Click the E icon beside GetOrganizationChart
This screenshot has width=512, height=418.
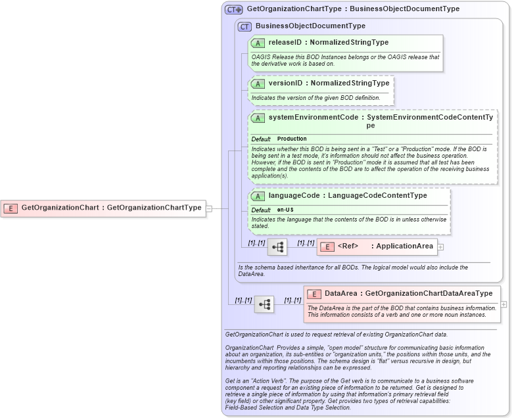[x=11, y=208]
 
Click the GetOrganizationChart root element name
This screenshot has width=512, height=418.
[x=60, y=208]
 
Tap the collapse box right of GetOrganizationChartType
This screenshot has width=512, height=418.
[x=209, y=208]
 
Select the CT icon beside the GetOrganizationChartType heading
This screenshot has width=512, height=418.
[x=234, y=10]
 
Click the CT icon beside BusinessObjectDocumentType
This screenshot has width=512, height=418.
[x=245, y=26]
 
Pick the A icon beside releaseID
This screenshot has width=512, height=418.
[x=258, y=43]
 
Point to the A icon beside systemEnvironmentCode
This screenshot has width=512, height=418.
[x=258, y=118]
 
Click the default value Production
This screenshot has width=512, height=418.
[x=292, y=139]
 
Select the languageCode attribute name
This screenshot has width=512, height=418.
[x=293, y=196]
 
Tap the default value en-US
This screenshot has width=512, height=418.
[x=285, y=210]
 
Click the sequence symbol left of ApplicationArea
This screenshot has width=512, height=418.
[x=277, y=247]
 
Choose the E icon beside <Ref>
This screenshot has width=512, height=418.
[x=327, y=246]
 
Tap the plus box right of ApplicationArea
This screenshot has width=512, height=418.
[x=440, y=247]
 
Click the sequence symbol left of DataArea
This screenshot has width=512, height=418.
[x=264, y=304]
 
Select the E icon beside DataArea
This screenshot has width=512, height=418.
[x=314, y=294]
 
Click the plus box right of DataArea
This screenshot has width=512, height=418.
[x=504, y=304]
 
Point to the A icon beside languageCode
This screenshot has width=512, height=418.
[x=258, y=196]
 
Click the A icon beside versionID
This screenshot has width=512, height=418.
[x=258, y=83]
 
